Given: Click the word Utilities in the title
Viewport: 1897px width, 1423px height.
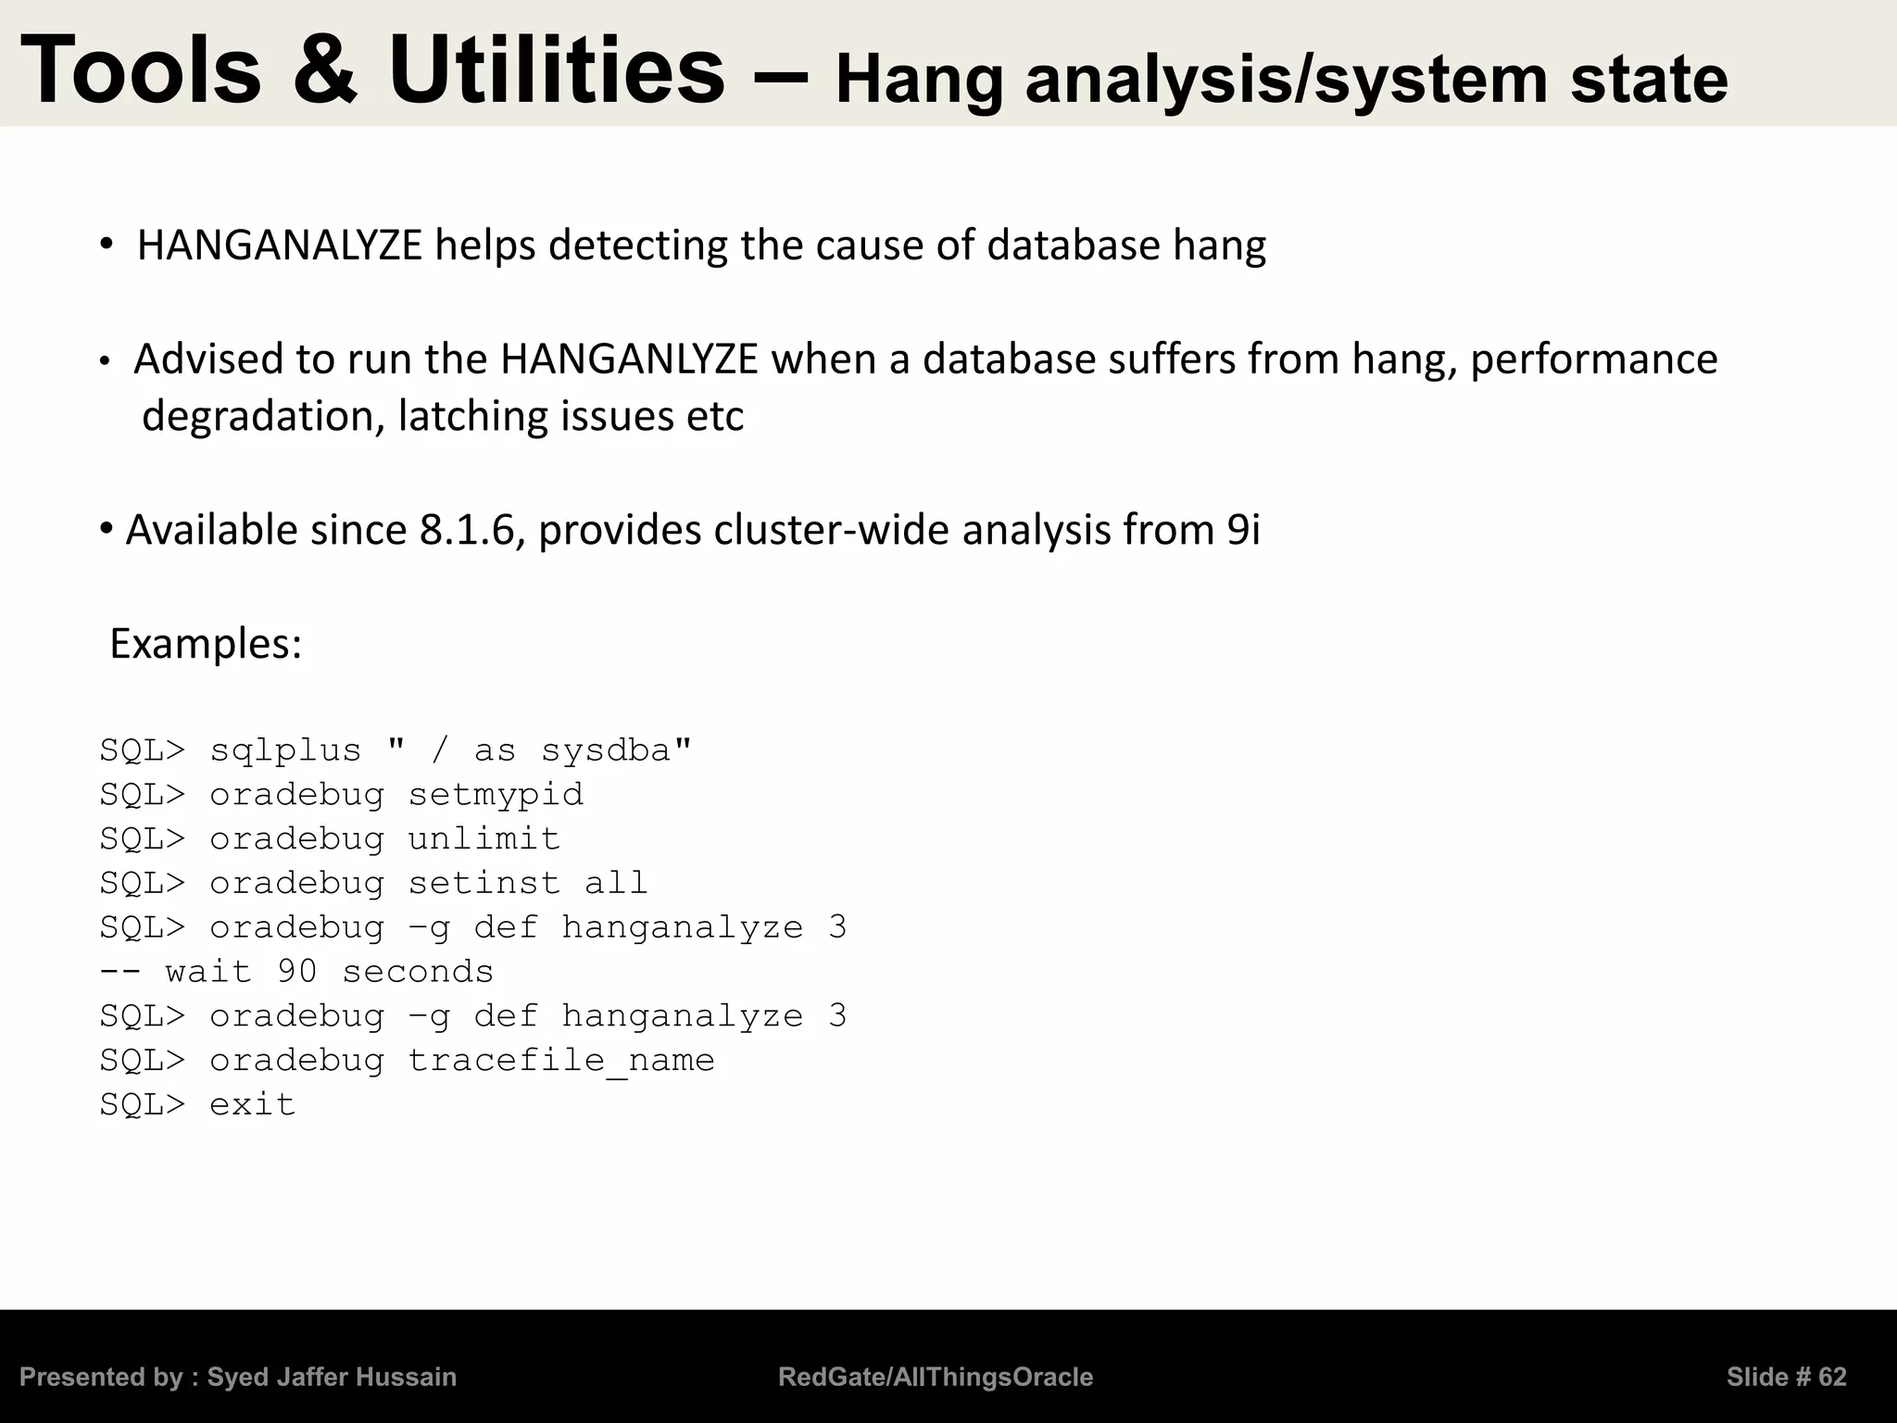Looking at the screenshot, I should [557, 70].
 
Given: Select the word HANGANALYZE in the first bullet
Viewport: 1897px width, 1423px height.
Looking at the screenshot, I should [280, 246].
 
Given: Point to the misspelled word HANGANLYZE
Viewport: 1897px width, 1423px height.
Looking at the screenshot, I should [629, 359].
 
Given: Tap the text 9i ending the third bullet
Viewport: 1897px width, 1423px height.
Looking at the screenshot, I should [1243, 530].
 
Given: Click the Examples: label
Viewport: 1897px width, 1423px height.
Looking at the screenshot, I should [206, 643].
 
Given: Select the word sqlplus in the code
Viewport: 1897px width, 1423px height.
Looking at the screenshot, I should [285, 750].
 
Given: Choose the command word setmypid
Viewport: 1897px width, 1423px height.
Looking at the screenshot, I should [496, 795].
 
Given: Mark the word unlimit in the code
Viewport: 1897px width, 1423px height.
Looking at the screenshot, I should [484, 839].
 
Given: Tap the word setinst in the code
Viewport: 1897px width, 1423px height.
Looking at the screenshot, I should [484, 883].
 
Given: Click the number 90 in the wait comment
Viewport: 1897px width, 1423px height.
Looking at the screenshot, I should [297, 972].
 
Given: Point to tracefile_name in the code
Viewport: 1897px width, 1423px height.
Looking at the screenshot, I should [561, 1061].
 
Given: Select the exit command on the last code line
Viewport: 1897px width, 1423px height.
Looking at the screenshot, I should [252, 1104].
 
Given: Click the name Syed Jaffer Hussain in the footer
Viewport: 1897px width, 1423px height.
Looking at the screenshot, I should [332, 1378].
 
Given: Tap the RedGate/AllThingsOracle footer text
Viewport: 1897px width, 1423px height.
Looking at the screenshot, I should [936, 1378].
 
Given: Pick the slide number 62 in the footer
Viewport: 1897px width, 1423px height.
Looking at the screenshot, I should [1832, 1378].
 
